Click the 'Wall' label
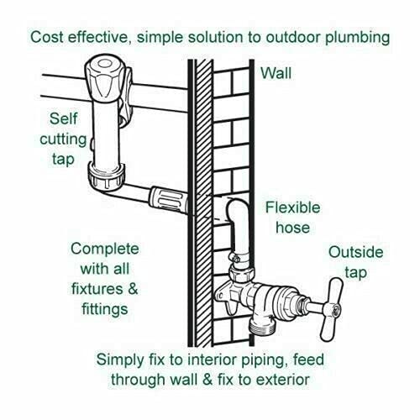click(276, 73)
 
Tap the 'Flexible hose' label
click(292, 218)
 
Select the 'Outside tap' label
click(355, 262)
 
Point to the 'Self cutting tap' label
click(63, 139)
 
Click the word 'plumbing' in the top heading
click(357, 38)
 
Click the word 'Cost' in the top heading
click(47, 37)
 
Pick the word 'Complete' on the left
click(105, 249)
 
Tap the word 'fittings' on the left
click(105, 309)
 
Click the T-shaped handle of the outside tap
click(333, 309)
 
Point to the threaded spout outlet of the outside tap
click(263, 325)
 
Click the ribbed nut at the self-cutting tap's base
click(107, 176)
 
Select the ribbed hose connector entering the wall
click(168, 200)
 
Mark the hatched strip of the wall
click(203, 203)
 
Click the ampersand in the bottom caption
click(207, 380)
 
